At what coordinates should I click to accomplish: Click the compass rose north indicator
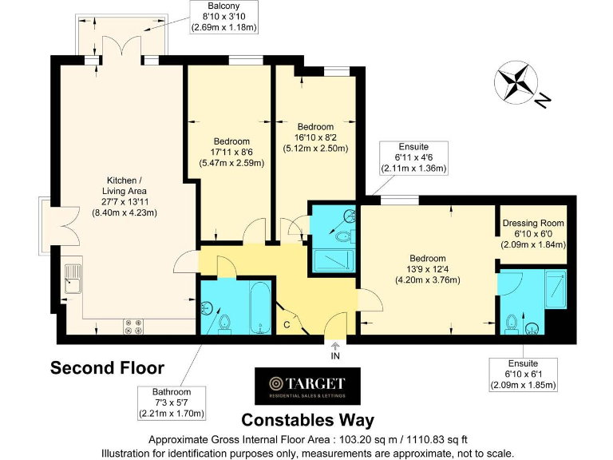(x=519, y=84)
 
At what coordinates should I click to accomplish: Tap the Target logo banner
(x=306, y=387)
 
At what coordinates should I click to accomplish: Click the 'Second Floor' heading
(x=107, y=368)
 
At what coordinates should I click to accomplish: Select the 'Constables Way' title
(x=307, y=420)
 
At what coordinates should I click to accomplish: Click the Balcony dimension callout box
(x=224, y=18)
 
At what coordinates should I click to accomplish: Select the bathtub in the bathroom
(x=259, y=307)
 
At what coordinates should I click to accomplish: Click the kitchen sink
(x=73, y=279)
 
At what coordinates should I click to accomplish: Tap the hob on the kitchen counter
(x=132, y=326)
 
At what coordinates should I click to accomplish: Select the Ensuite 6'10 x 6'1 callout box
(x=523, y=375)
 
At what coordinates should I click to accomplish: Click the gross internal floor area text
(x=307, y=440)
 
